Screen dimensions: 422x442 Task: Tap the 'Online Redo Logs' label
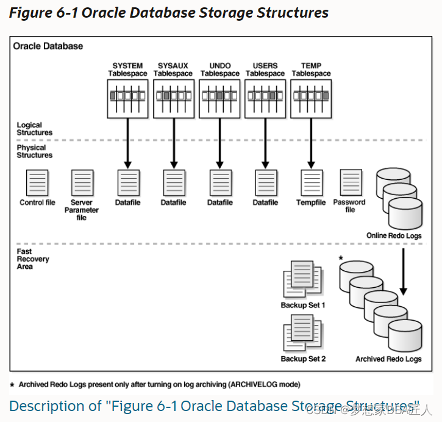click(394, 235)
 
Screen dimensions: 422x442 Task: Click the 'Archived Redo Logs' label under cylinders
click(388, 359)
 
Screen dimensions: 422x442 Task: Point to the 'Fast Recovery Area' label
click(33, 259)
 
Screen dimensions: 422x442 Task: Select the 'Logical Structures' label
click(34, 129)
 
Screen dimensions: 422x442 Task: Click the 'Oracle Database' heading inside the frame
click(48, 46)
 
